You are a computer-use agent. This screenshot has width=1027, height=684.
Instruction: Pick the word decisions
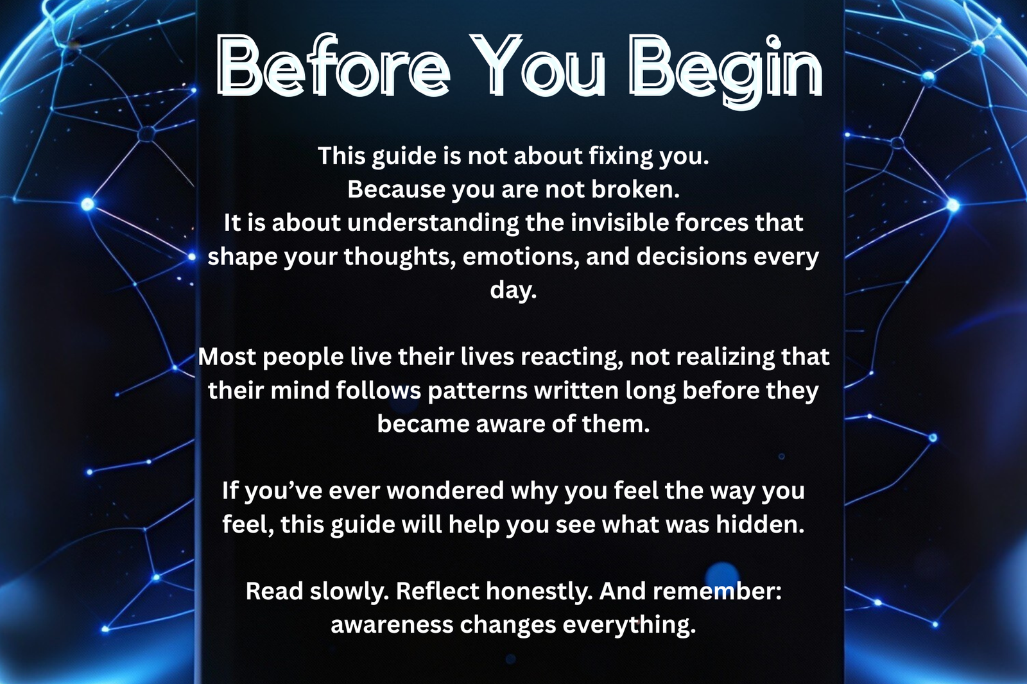[x=691, y=256]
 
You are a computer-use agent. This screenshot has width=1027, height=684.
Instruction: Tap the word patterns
[x=478, y=391]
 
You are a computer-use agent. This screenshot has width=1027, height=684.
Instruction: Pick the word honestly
[x=539, y=592]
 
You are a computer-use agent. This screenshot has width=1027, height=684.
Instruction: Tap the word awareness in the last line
[x=392, y=625]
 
